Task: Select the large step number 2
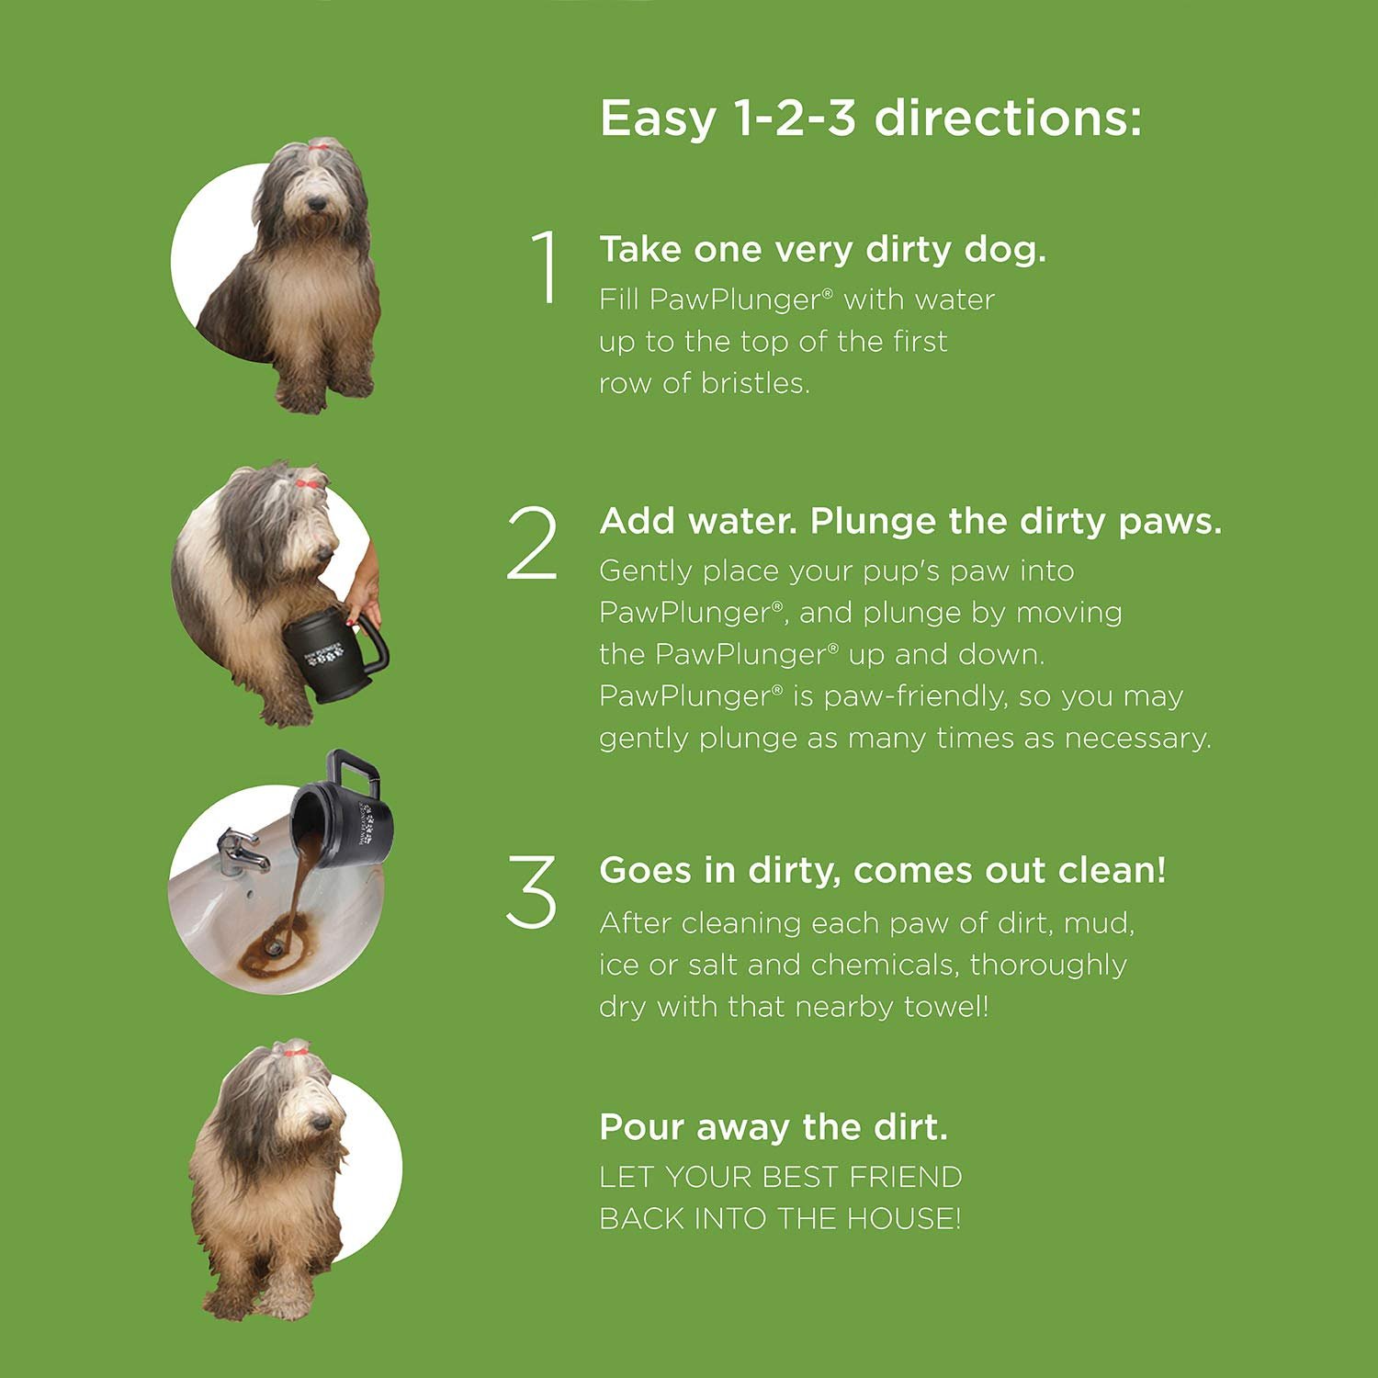pos(532,544)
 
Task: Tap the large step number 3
pos(532,890)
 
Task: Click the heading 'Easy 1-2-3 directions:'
pos(870,119)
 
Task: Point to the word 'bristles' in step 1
pos(754,383)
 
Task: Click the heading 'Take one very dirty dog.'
pos(822,249)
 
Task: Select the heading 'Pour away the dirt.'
pos(773,1126)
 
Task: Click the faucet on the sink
pos(241,850)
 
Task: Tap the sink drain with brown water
pos(274,941)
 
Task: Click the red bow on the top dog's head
pos(319,144)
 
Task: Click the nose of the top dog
pos(316,203)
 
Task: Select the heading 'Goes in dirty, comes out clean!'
pos(882,870)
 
